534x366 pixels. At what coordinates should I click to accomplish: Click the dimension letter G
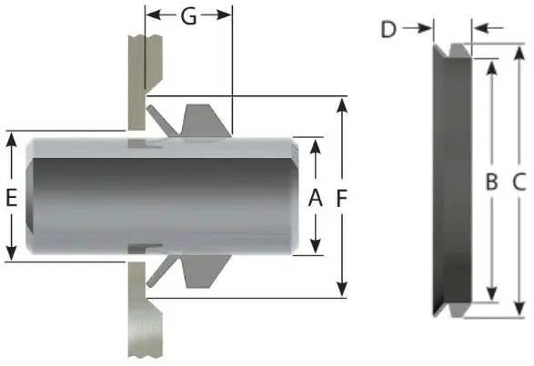point(188,15)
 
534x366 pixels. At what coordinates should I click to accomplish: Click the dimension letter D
point(388,29)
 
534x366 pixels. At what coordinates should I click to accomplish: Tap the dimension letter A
point(316,196)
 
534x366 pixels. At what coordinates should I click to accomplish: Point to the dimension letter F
point(343,196)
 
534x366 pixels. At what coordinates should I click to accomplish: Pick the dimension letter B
point(491,182)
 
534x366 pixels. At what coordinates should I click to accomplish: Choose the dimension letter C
point(519,182)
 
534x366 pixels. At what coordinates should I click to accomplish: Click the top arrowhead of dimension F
point(343,103)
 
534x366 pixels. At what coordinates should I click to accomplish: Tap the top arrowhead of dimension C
point(519,50)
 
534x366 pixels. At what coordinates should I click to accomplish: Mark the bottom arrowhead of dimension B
point(491,294)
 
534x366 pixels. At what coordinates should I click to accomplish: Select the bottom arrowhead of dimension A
point(316,248)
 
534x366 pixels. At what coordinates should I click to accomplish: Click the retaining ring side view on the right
point(450,182)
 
